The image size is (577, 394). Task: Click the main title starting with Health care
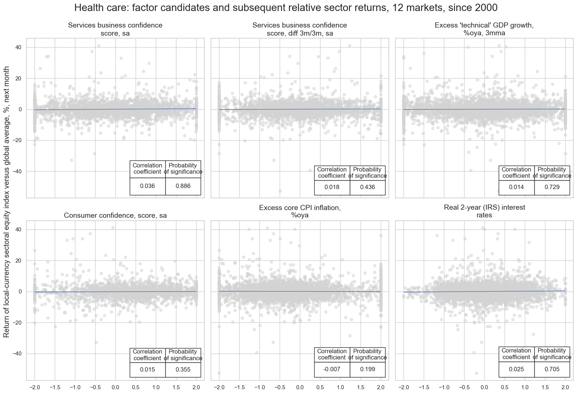click(x=286, y=8)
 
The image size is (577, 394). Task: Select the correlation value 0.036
click(x=147, y=186)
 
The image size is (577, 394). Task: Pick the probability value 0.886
click(x=183, y=186)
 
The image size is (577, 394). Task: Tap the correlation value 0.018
click(x=332, y=187)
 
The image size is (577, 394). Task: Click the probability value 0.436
click(x=368, y=187)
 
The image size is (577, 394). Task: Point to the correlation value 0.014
click(x=516, y=187)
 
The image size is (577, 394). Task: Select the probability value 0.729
click(x=552, y=187)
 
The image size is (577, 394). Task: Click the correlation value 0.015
click(x=147, y=369)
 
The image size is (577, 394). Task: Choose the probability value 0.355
click(x=183, y=369)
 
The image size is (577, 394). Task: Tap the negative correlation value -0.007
click(x=332, y=369)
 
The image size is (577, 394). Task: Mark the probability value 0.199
click(x=368, y=369)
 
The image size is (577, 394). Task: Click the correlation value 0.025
click(x=516, y=369)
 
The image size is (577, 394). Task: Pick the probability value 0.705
click(x=552, y=369)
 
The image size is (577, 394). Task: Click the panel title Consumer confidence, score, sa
click(x=115, y=216)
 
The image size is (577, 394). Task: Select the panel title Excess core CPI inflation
click(x=300, y=212)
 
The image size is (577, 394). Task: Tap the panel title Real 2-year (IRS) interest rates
click(x=484, y=212)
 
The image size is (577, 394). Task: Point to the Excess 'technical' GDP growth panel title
click(x=484, y=29)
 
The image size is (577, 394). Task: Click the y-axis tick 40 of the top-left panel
click(x=18, y=47)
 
